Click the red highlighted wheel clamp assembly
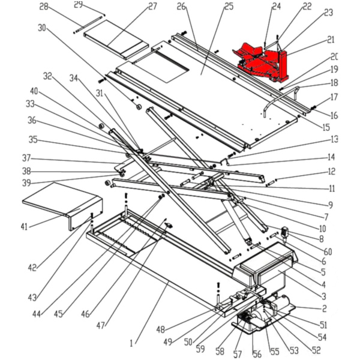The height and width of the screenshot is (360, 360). pos(264,60)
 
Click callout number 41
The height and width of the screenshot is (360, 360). pos(25,226)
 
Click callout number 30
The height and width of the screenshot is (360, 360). pos(41,28)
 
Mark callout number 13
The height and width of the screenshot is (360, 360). pos(332,139)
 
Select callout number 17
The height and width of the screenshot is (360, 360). pos(334,96)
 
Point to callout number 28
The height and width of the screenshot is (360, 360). pos(43,7)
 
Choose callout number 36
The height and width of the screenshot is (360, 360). pos(32,120)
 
